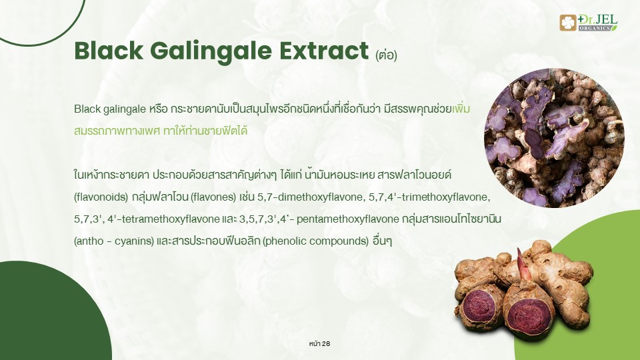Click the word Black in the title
109,51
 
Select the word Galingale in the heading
211,52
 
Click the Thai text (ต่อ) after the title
386,55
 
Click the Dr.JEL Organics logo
589,23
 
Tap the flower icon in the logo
568,23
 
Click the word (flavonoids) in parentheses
101,197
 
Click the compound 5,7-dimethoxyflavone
310,197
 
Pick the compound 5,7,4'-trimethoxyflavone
429,197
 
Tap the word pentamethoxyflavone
348,219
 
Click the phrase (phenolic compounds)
316,241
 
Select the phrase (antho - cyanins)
114,241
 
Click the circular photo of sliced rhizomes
554,138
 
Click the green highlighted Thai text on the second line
161,131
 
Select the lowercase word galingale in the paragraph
125,109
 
